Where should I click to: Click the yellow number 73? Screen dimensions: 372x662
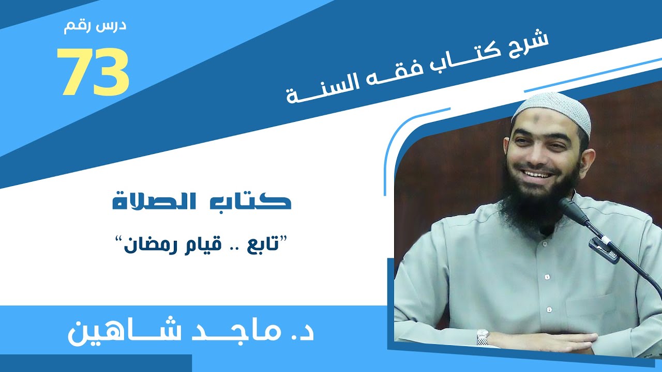point(93,73)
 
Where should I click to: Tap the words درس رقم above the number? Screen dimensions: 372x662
point(95,27)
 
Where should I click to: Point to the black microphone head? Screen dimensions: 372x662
point(571,209)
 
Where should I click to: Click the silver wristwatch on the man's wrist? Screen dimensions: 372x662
point(482,337)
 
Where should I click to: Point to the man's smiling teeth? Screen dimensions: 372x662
point(536,174)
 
